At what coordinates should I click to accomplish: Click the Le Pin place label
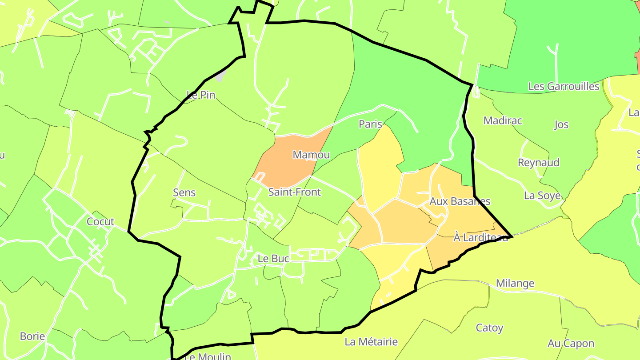click(x=201, y=95)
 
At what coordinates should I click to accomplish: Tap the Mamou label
click(x=311, y=155)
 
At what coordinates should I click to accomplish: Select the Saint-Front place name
click(x=294, y=192)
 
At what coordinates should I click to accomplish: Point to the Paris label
click(x=370, y=124)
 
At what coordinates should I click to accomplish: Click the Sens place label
click(x=184, y=192)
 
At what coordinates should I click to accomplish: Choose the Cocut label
click(x=100, y=221)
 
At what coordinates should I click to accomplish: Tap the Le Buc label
click(x=273, y=258)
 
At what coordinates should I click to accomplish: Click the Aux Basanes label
click(x=460, y=201)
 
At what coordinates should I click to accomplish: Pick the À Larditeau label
click(x=480, y=237)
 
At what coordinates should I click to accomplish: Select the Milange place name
click(x=515, y=283)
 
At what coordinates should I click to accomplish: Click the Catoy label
click(x=489, y=328)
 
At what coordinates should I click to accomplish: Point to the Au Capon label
click(x=571, y=343)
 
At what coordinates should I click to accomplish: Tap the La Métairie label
click(x=371, y=342)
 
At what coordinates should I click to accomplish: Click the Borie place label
click(x=32, y=336)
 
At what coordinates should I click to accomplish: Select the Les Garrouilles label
click(x=564, y=86)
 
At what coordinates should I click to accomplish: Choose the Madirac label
click(x=503, y=120)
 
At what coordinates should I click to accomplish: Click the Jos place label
click(x=561, y=124)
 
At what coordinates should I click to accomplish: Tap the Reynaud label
click(x=538, y=162)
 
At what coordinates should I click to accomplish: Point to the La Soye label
click(x=542, y=196)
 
